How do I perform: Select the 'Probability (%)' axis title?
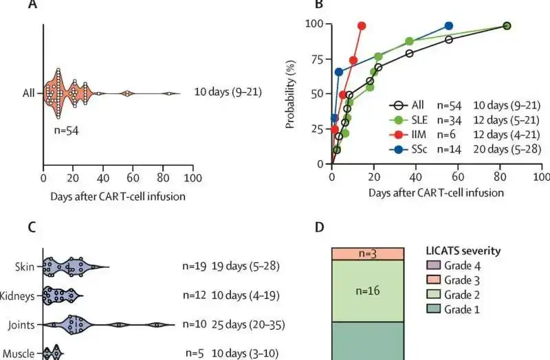pos(291,93)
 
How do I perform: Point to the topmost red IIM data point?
pos(362,25)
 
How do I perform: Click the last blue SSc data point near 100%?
pos(449,25)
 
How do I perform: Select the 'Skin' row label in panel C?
pos(25,266)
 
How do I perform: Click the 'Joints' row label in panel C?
pos(23,324)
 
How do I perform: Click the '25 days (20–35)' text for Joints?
pos(246,324)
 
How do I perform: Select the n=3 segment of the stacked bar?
pos(366,254)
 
